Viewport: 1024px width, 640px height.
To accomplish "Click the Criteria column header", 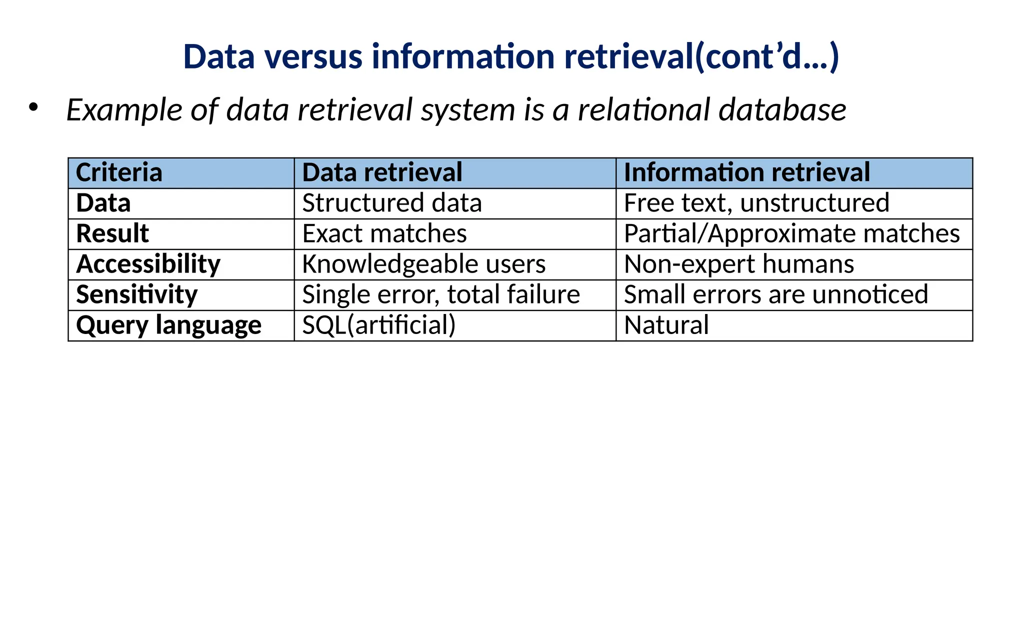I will (x=119, y=173).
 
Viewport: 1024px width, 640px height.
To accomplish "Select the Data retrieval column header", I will (x=382, y=173).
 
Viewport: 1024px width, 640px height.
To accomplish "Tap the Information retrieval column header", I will (x=746, y=173).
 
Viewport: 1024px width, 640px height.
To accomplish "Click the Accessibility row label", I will (x=148, y=264).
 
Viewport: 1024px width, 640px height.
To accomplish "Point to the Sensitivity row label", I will (x=136, y=294).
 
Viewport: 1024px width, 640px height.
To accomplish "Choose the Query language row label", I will (x=168, y=325).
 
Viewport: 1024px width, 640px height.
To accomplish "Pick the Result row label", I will (x=112, y=233).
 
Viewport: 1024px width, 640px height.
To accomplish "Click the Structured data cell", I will (x=391, y=203).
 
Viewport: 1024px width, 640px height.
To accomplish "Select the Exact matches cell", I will (x=384, y=233).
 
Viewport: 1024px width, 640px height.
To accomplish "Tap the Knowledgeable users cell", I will (x=423, y=264).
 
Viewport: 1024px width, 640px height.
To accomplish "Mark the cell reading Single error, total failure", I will (x=440, y=294).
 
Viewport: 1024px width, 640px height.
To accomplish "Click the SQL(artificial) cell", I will (x=378, y=325).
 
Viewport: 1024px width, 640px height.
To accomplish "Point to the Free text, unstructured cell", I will (x=756, y=203).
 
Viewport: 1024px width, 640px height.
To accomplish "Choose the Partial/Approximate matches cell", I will (x=791, y=233).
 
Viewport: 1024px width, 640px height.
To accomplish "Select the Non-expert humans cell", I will (x=738, y=264).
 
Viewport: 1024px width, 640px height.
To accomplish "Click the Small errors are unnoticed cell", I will (x=775, y=294).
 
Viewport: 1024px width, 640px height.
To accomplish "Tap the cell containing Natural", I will (x=666, y=325).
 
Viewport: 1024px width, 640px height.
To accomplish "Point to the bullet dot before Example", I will (x=33, y=107).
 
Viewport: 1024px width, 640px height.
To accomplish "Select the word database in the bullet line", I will (x=782, y=110).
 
